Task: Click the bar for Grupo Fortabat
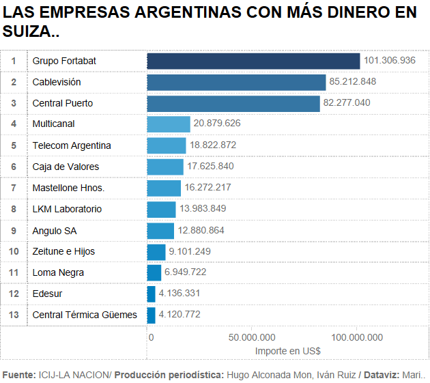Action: click(253, 61)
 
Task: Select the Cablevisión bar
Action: click(236, 82)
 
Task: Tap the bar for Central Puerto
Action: click(233, 103)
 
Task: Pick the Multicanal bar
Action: click(169, 124)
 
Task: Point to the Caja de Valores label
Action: click(66, 167)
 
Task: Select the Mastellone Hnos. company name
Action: click(68, 188)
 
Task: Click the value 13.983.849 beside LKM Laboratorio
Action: click(203, 209)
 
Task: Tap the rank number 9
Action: click(13, 231)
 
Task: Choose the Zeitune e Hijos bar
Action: click(156, 252)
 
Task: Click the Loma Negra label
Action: click(59, 273)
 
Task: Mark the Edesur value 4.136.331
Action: click(180, 294)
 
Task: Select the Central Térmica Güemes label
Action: click(85, 315)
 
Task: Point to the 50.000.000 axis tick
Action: click(252, 337)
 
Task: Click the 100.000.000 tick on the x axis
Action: click(356, 337)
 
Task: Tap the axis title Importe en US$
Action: click(287, 350)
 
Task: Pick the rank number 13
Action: click(13, 315)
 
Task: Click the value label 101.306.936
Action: click(390, 61)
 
